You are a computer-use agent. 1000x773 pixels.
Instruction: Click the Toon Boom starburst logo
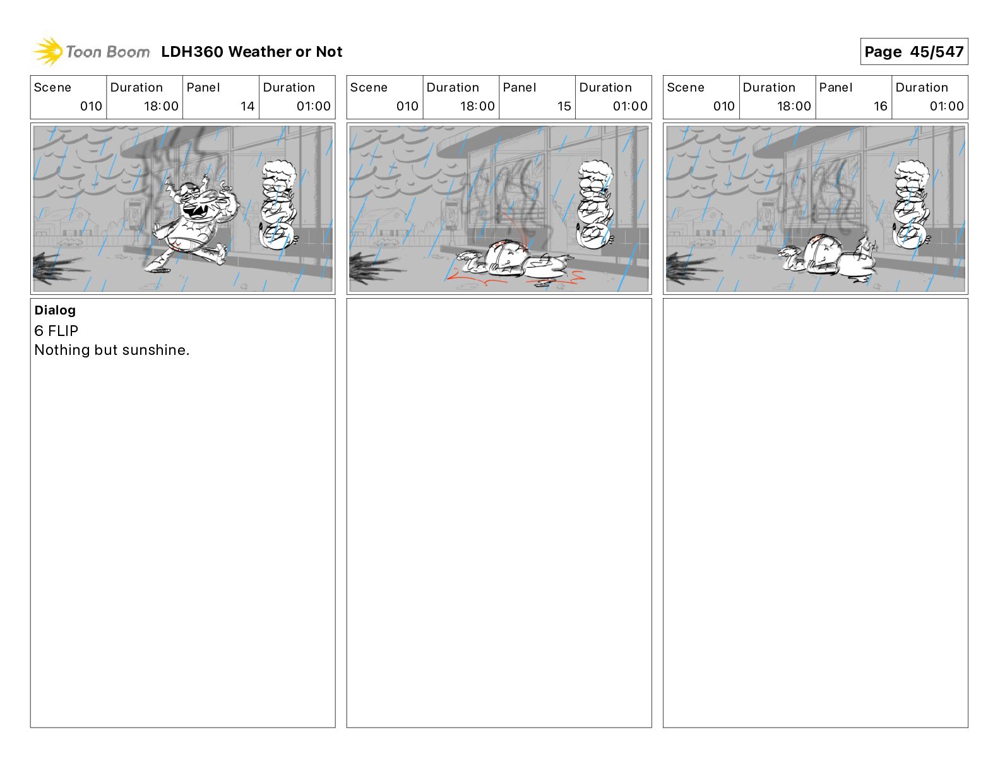[48, 51]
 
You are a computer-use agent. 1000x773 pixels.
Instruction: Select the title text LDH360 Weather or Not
[252, 52]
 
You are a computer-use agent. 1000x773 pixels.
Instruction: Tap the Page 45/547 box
[914, 52]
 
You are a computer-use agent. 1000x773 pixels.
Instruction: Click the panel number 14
[247, 106]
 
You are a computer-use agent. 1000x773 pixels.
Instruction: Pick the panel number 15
[564, 106]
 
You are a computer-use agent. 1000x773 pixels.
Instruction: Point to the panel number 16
[880, 106]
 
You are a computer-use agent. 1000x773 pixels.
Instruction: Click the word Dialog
[55, 310]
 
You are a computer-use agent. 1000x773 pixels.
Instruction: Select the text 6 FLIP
[56, 330]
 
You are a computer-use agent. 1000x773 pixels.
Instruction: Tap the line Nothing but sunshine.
[112, 351]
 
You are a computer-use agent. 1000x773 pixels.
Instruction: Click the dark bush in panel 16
[690, 268]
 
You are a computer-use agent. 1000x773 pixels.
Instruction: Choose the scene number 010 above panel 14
[91, 106]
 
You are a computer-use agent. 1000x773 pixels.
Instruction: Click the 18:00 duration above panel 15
[477, 106]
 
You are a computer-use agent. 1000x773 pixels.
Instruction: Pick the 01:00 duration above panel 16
[946, 106]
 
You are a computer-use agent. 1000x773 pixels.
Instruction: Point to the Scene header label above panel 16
[685, 88]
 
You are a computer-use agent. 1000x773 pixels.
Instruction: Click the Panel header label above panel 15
[519, 88]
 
